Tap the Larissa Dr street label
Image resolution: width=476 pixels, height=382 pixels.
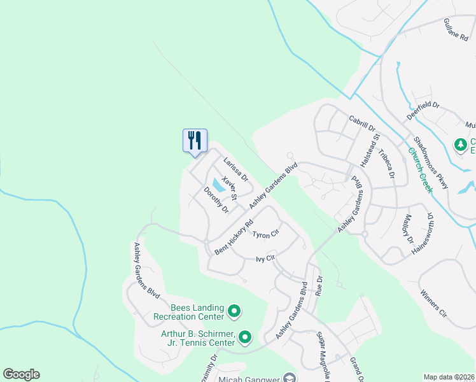pos(235,170)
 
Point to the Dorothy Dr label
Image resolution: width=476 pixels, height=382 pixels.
pos(216,199)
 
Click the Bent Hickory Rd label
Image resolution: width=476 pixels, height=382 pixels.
pos(234,237)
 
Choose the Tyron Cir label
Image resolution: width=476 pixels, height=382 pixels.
pos(266,234)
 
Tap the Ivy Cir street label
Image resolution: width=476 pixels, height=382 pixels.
pos(265,258)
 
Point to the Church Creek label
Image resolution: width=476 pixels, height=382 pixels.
pos(421,169)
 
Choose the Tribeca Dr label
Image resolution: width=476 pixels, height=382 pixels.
pos(386,164)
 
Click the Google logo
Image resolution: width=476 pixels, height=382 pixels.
pos(21,374)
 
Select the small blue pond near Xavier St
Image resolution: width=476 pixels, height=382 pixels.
pos(218,185)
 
